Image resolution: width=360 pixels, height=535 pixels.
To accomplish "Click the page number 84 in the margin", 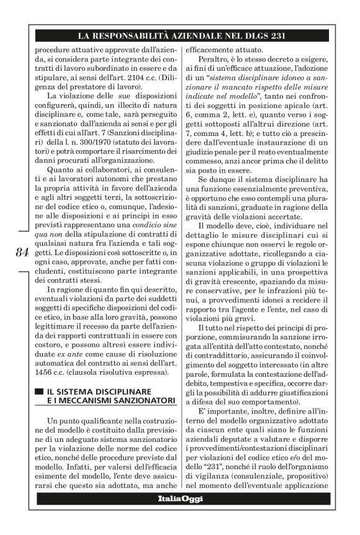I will [20, 253].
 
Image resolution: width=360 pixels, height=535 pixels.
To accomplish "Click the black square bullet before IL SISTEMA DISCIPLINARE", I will [39, 392].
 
